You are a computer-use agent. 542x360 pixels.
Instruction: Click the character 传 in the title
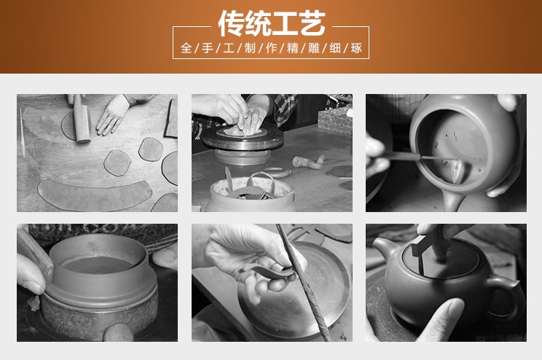pos(231,23)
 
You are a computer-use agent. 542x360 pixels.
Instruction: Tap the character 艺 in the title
pos(313,23)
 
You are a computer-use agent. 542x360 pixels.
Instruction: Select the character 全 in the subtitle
pos(186,47)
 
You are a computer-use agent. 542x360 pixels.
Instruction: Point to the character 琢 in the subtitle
pos(356,47)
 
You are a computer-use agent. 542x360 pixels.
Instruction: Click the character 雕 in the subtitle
pos(314,47)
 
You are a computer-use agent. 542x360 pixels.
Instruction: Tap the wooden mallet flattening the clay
pos(82,119)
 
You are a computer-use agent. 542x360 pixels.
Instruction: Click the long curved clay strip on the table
pos(94,195)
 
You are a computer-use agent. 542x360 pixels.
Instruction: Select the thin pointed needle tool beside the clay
pos(22,132)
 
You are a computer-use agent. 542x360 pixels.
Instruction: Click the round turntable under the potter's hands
pos(243,138)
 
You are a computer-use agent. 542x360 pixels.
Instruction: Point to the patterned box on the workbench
pos(334,121)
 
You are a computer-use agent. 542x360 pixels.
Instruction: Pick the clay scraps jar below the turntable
pos(251,195)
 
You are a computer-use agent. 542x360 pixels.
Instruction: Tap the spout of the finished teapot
pos(383,250)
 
